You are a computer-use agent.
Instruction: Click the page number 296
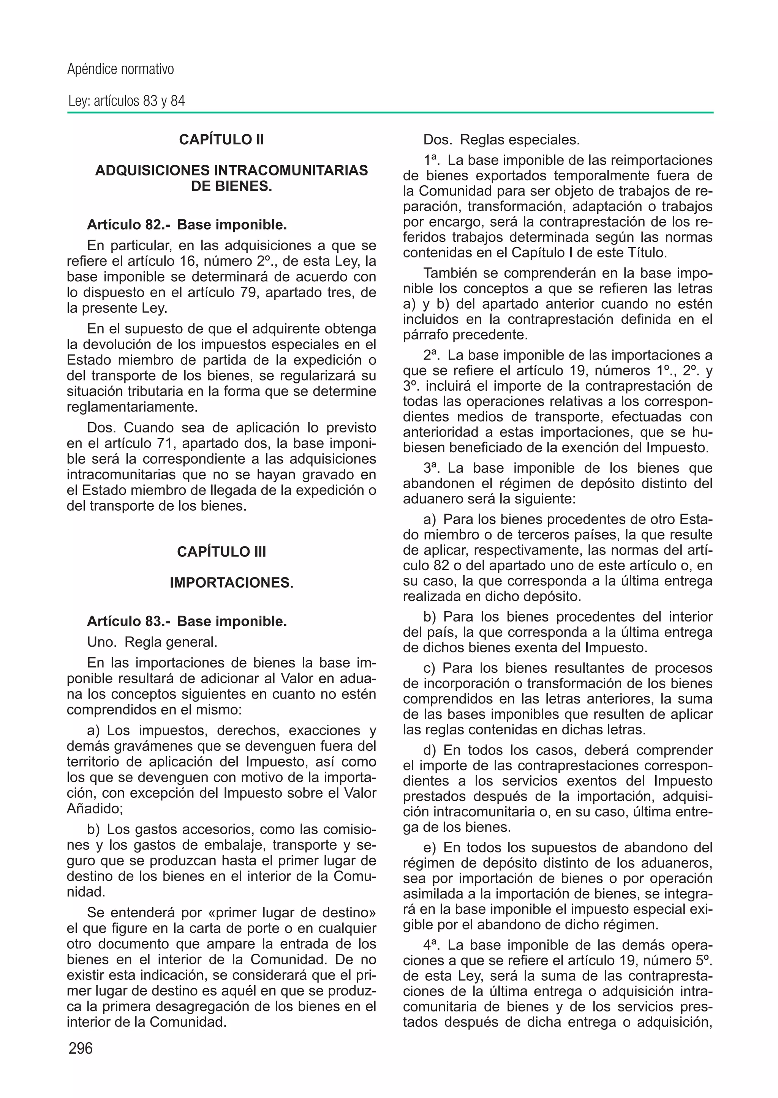(x=81, y=1048)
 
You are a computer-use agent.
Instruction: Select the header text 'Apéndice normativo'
(x=120, y=69)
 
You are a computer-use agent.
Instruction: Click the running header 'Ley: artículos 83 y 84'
(x=126, y=101)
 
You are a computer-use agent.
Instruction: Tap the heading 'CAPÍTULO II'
(x=221, y=140)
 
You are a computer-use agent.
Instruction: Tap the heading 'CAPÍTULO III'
(x=221, y=552)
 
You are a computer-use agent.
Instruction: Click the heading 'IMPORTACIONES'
(x=230, y=582)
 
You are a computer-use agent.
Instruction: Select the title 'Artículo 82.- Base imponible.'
(x=187, y=225)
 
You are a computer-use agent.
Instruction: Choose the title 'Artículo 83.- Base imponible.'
(x=187, y=621)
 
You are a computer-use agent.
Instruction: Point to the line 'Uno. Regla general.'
(x=152, y=642)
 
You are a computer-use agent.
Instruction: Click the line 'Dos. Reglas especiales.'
(x=501, y=140)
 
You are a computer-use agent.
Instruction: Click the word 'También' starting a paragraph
(x=449, y=273)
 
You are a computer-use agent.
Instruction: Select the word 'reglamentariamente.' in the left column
(x=132, y=407)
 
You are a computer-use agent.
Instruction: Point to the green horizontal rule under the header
(x=390, y=113)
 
